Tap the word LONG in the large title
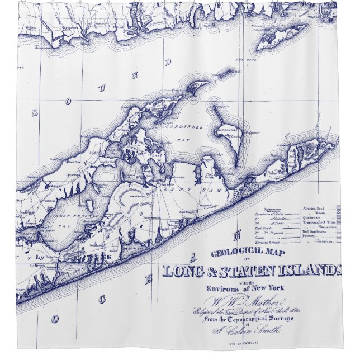(184, 271)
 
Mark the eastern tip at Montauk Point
(336, 145)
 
